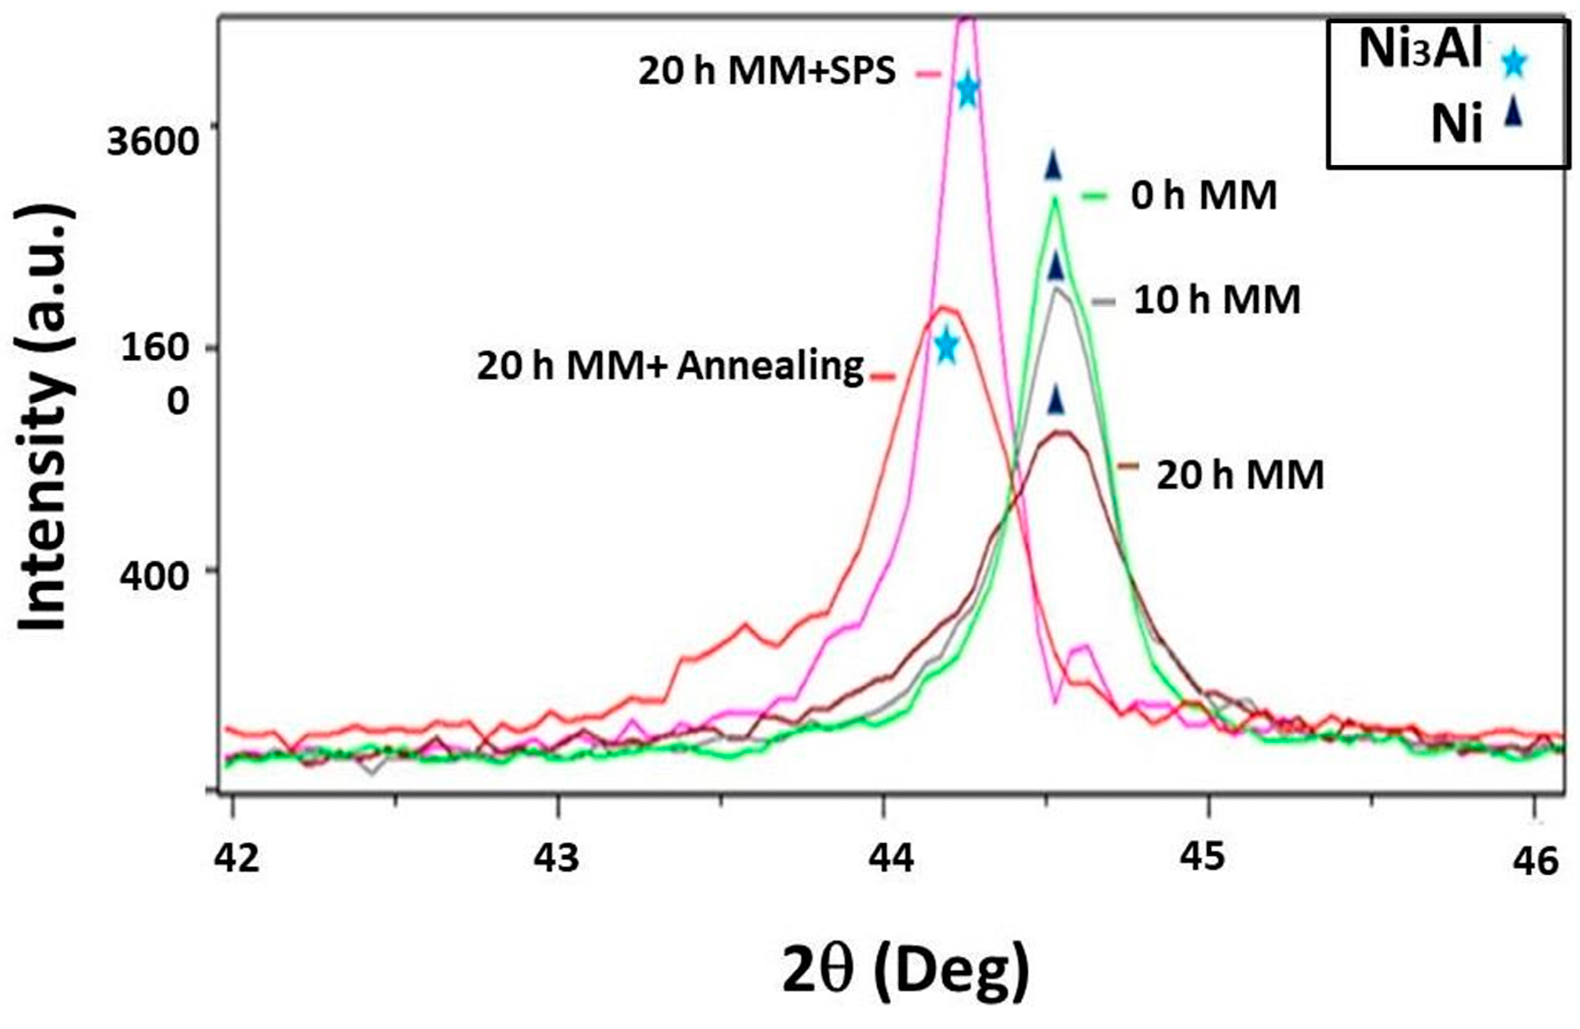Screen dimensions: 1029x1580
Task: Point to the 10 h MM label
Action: pyautogui.click(x=1216, y=300)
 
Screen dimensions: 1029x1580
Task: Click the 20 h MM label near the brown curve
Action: pyautogui.click(x=1240, y=475)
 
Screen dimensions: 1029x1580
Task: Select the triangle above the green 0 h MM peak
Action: pyautogui.click(x=1053, y=165)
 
